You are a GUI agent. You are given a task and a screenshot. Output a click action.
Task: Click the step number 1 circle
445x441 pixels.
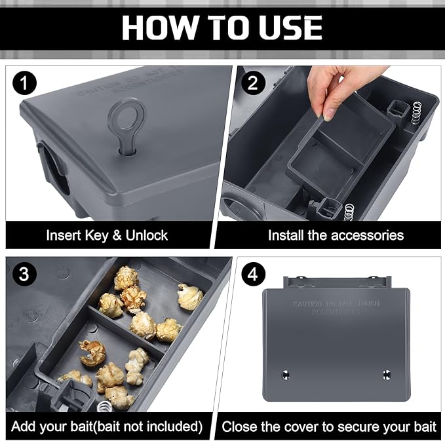coord(25,84)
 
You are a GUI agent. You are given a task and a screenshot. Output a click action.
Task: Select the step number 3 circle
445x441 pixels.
coord(25,275)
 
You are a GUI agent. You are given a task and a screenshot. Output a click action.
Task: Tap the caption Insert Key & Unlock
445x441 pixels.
coord(107,235)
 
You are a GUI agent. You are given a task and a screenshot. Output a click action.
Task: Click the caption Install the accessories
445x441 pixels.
coord(335,235)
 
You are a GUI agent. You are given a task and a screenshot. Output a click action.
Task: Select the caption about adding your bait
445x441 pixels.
coord(107,427)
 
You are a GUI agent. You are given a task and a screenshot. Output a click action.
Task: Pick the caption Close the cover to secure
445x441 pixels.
coord(329,427)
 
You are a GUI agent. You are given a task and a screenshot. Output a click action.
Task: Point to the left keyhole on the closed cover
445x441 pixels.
coord(286,374)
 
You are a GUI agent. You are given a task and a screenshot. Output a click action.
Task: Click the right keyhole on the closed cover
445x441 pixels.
coord(386,374)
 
